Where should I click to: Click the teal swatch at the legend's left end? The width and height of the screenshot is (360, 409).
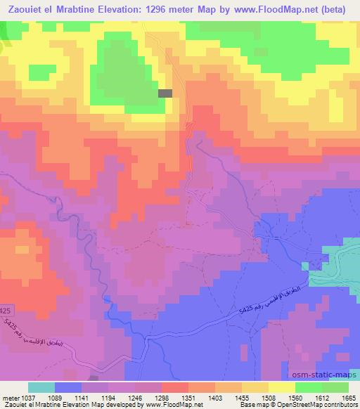(x=41, y=387)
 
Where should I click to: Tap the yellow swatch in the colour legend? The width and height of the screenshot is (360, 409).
(x=281, y=387)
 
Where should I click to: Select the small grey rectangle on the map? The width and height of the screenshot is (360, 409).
(x=165, y=93)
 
